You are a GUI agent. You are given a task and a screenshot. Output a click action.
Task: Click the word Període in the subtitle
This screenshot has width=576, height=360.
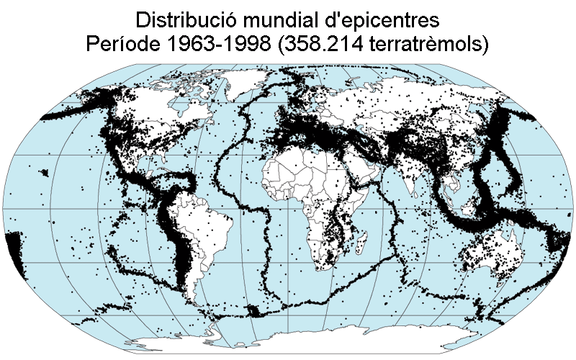[x=123, y=44]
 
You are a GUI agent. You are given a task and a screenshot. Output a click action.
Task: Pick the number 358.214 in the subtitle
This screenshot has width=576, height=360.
[x=330, y=44]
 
